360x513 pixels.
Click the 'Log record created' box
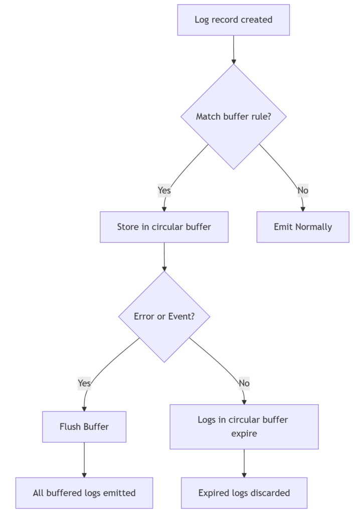(x=233, y=20)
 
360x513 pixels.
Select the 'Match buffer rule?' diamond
(x=233, y=116)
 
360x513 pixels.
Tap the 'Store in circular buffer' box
(x=164, y=227)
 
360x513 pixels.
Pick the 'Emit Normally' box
(x=302, y=227)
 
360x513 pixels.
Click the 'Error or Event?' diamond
(x=164, y=317)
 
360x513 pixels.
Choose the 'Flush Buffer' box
(x=84, y=427)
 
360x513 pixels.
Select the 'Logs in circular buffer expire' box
(x=244, y=426)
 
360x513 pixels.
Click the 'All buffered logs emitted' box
(x=84, y=493)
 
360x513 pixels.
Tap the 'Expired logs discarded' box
(x=244, y=493)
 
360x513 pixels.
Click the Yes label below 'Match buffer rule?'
(x=164, y=190)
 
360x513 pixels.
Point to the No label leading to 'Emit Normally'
(x=303, y=190)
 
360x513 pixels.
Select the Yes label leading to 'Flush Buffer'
(x=84, y=383)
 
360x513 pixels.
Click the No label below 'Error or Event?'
(x=244, y=383)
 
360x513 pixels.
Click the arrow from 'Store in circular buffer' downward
(x=164, y=256)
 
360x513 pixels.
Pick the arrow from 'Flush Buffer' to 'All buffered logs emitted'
(x=84, y=459)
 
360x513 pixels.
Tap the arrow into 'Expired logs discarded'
(x=244, y=463)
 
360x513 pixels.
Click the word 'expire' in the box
(x=244, y=433)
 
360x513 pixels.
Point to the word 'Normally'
(x=313, y=227)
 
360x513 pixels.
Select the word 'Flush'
(x=71, y=427)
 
